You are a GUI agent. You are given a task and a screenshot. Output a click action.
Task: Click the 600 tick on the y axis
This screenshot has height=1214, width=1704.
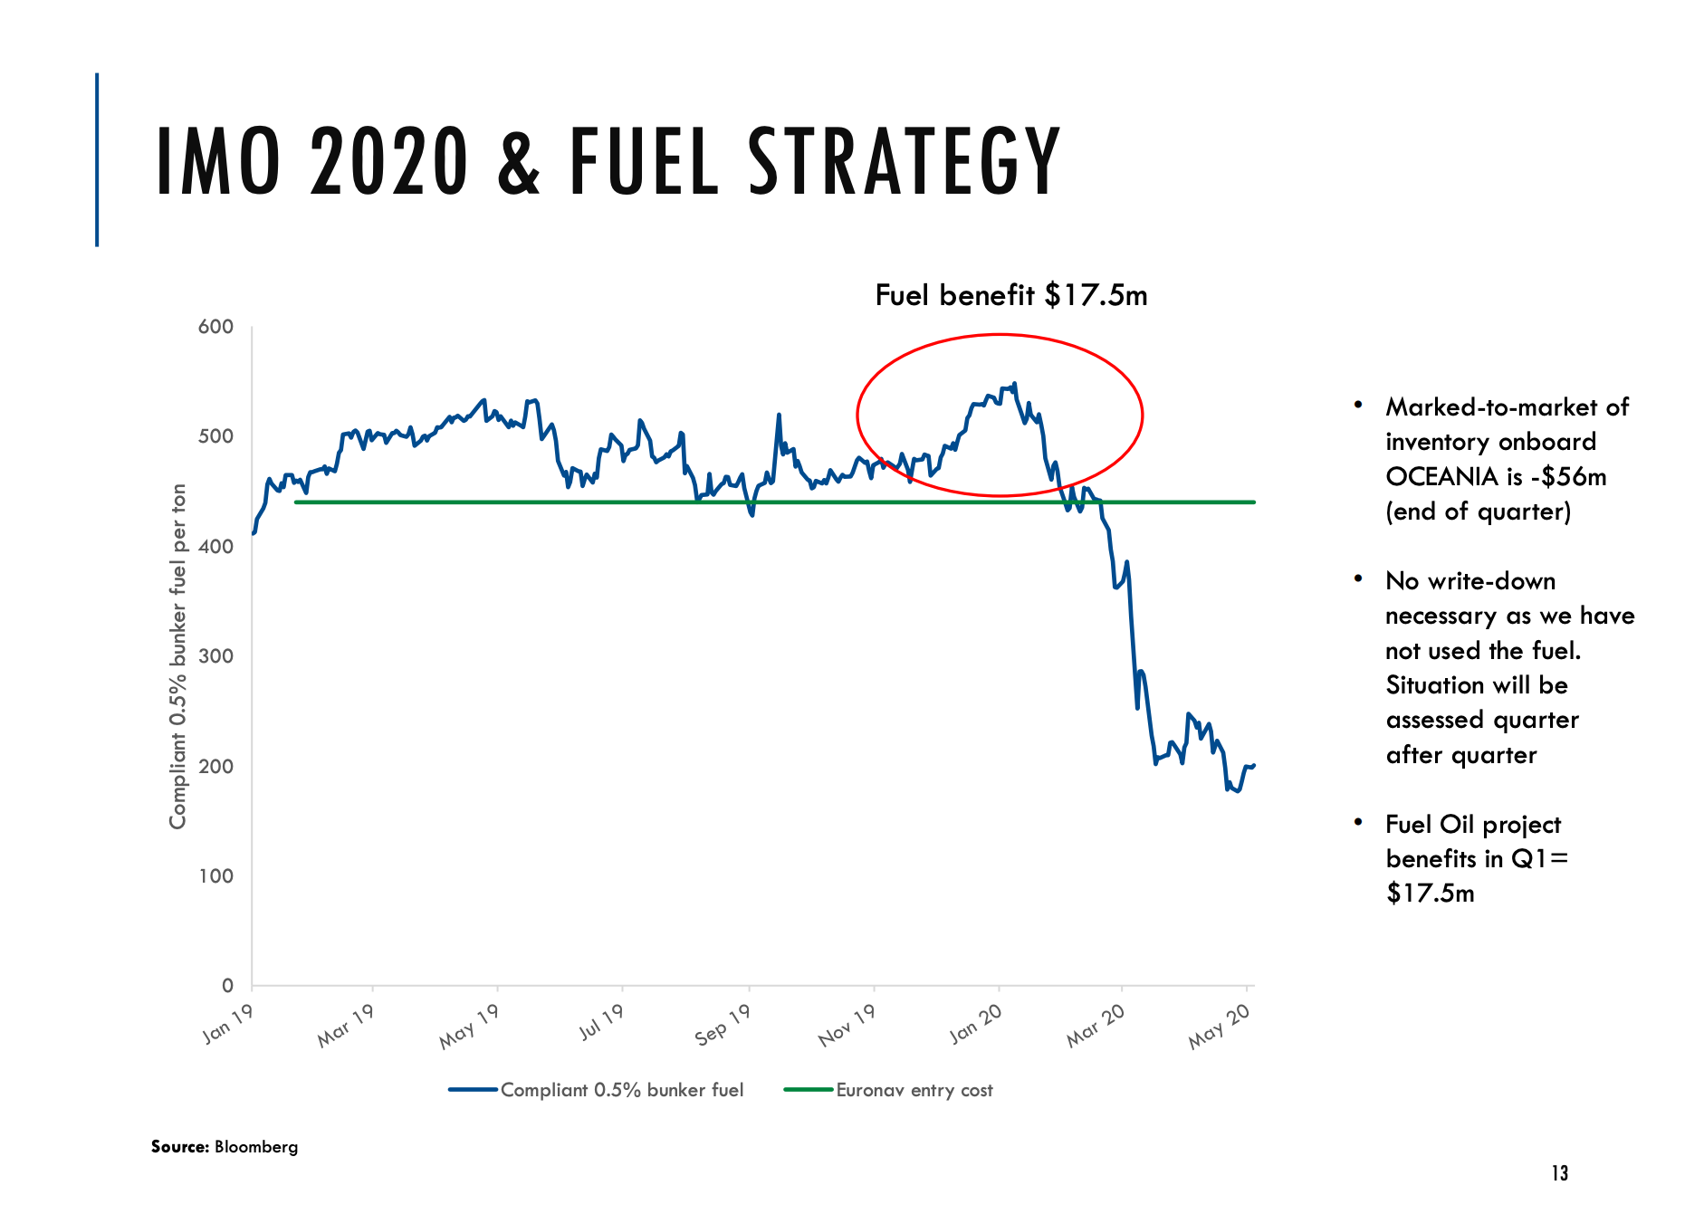coord(215,327)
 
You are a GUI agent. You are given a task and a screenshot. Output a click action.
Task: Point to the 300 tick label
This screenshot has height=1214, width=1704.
coord(215,656)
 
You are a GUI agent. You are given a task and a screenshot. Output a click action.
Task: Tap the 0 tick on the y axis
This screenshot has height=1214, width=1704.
coord(227,985)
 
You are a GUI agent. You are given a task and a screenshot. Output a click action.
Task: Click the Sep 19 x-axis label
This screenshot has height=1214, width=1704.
coord(723,1025)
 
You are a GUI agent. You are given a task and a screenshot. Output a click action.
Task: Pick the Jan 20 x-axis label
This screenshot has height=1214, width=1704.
coord(975,1024)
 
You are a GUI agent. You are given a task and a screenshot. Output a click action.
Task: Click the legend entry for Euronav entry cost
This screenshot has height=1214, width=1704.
coord(914,1090)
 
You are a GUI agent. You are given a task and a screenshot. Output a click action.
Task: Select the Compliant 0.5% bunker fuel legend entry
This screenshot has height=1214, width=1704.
coord(621,1090)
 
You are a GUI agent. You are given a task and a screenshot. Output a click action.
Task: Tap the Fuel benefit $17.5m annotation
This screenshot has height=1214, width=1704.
coord(1010,295)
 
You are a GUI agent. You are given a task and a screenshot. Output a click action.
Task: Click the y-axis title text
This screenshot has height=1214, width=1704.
coord(177,656)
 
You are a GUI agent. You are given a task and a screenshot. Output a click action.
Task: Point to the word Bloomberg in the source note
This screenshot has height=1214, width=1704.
coord(256,1147)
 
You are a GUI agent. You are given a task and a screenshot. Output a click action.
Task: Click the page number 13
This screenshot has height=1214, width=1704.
coord(1559,1173)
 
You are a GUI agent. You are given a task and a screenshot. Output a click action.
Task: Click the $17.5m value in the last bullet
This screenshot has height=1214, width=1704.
coord(1430,894)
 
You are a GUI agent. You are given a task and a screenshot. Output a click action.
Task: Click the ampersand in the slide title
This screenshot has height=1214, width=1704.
coord(519,163)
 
